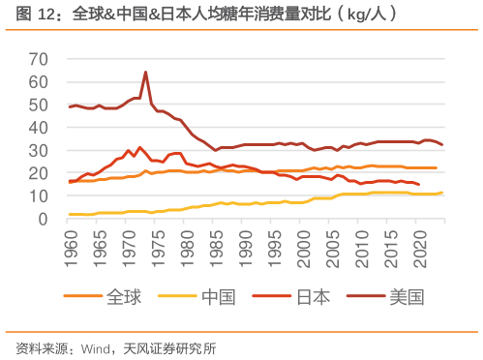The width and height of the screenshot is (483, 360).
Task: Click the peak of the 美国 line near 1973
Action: [x=145, y=72]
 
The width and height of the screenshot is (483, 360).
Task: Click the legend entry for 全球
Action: [x=124, y=296]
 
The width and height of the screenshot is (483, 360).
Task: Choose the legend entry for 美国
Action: [x=406, y=296]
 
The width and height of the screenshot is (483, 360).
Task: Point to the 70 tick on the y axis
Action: [x=39, y=58]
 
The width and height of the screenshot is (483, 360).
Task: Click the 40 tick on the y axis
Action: [x=39, y=127]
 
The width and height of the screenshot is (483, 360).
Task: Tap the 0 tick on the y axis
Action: [x=44, y=220]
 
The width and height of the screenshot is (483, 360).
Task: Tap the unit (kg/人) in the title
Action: [x=364, y=15]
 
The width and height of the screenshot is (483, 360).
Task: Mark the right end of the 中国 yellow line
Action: [x=442, y=193]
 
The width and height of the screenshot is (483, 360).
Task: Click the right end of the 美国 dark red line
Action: [x=442, y=144]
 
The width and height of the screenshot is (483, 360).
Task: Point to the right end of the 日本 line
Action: [x=418, y=184]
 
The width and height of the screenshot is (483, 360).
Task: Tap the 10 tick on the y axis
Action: [x=39, y=196]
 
